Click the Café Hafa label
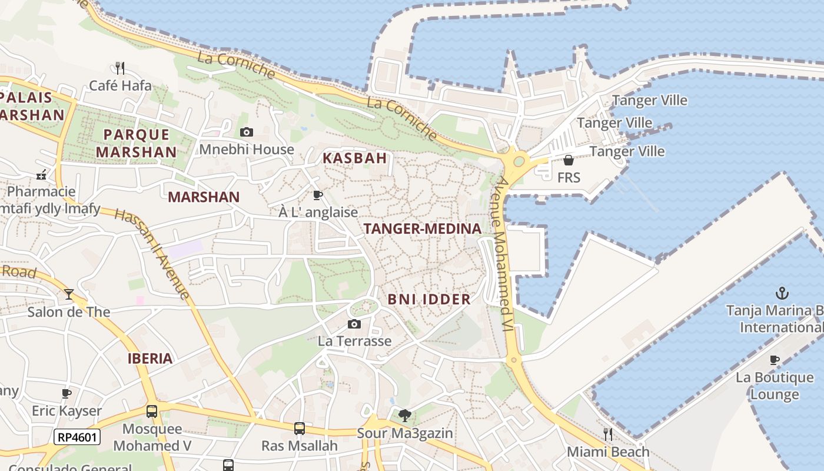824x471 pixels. pyautogui.click(x=120, y=86)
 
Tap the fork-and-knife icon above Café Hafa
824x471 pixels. pyautogui.click(x=120, y=68)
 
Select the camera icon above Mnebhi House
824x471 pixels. pyautogui.click(x=247, y=132)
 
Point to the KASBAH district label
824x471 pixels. pyautogui.click(x=355, y=158)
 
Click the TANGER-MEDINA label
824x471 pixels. pyautogui.click(x=423, y=228)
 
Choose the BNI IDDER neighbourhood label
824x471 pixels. pyautogui.click(x=429, y=299)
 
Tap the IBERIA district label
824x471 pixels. pyautogui.click(x=150, y=358)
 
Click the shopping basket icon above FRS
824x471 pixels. pyautogui.click(x=569, y=160)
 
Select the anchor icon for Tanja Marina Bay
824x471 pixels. pyautogui.click(x=782, y=293)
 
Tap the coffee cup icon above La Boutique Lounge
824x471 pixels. pyautogui.click(x=775, y=360)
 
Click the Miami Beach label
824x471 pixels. pyautogui.click(x=608, y=452)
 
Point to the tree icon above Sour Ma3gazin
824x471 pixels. pyautogui.click(x=404, y=416)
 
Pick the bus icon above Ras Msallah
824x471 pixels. pyautogui.click(x=300, y=428)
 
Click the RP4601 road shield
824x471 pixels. pyautogui.click(x=77, y=437)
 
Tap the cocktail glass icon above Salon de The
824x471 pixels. pyautogui.click(x=69, y=294)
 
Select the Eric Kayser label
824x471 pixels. pyautogui.click(x=67, y=410)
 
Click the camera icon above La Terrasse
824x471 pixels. pyautogui.click(x=354, y=324)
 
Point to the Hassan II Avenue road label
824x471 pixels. pyautogui.click(x=152, y=254)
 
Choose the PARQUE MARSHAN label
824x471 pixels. pyautogui.click(x=137, y=143)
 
